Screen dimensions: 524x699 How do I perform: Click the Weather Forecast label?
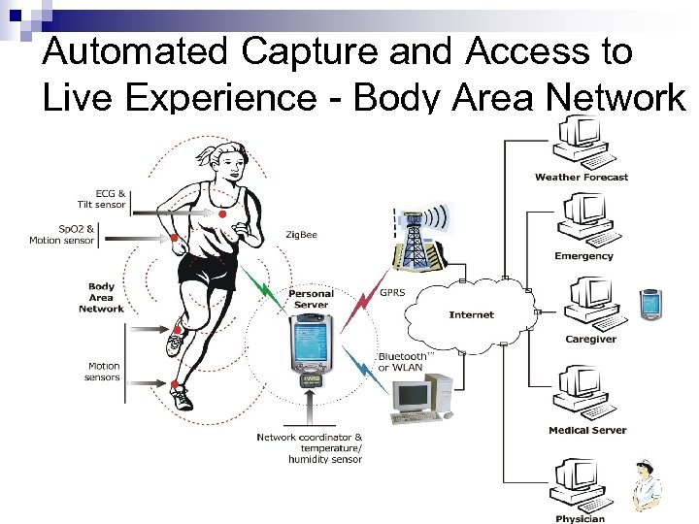[582, 178]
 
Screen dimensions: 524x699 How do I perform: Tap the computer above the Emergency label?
[583, 220]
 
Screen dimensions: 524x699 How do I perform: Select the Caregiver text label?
[590, 340]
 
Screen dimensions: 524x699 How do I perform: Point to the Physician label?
[580, 519]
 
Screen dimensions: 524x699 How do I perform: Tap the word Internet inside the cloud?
[472, 314]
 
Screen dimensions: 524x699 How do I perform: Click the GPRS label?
[392, 292]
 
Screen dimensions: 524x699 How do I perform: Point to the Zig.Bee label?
[301, 235]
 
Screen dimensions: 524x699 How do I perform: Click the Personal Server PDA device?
[312, 344]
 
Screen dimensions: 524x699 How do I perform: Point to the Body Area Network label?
[102, 297]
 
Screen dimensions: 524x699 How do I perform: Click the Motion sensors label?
[103, 372]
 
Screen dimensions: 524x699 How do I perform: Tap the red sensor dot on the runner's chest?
[222, 213]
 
